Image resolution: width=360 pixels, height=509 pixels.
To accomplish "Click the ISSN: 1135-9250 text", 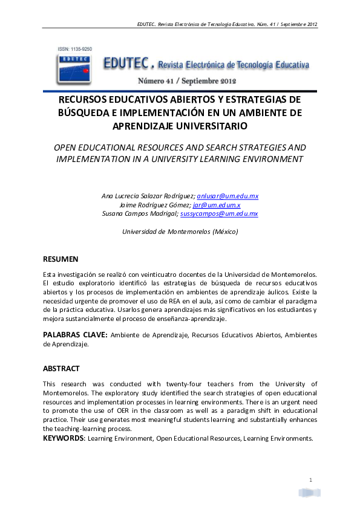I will click(72, 48).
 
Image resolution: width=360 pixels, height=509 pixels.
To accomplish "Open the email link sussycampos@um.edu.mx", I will click(219, 213).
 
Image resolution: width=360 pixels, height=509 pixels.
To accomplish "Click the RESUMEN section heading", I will click(61, 259).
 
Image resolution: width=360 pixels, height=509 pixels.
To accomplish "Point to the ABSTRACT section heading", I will click(61, 368).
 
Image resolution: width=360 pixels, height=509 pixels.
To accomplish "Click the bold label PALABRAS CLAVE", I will click(75, 335).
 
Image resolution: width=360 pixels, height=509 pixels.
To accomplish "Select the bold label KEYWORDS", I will click(64, 438).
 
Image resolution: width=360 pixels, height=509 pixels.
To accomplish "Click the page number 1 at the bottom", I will click(310, 480).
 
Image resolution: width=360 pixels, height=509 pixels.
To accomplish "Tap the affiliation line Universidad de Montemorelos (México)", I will click(180, 232).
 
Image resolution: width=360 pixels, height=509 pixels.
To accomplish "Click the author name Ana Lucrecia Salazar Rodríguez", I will click(149, 196).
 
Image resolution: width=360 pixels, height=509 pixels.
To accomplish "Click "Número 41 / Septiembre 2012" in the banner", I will click(186, 80).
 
